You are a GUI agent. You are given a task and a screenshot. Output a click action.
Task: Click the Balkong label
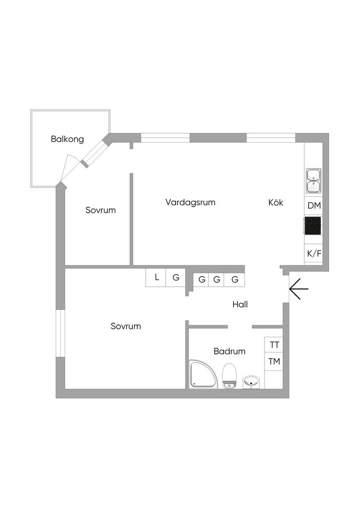pyautogui.click(x=67, y=139)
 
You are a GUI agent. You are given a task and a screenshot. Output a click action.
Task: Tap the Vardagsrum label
pyautogui.click(x=190, y=202)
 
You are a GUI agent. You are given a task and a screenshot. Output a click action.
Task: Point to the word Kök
pyautogui.click(x=275, y=202)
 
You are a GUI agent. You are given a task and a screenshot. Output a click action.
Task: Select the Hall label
pyautogui.click(x=240, y=304)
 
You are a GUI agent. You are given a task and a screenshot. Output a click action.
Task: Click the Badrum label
pyautogui.click(x=230, y=351)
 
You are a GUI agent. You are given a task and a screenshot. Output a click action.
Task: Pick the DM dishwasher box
pyautogui.click(x=314, y=206)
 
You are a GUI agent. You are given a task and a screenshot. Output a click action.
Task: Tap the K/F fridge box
pyautogui.click(x=314, y=254)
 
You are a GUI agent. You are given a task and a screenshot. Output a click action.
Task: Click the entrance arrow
pyautogui.click(x=298, y=288)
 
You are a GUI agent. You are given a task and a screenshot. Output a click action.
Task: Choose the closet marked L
pyautogui.click(x=156, y=278)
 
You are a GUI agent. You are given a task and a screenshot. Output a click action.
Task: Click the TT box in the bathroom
pyautogui.click(x=274, y=345)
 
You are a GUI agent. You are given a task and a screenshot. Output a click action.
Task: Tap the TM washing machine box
pyautogui.click(x=274, y=361)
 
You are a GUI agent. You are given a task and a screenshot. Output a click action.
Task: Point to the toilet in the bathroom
pyautogui.click(x=229, y=376)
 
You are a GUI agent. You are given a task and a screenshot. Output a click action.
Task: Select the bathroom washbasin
pyautogui.click(x=251, y=382)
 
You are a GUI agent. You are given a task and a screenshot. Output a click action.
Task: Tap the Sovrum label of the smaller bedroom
pyautogui.click(x=100, y=210)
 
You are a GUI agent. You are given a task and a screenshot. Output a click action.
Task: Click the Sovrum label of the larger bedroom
pyautogui.click(x=126, y=327)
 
